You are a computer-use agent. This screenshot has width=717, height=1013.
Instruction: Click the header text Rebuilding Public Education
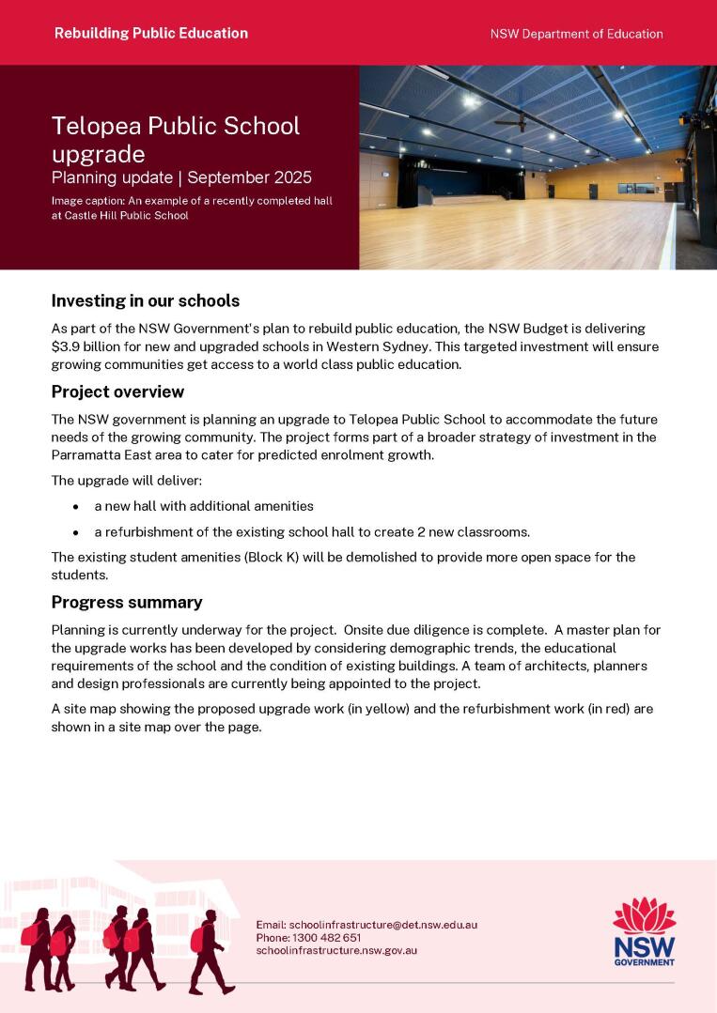(151, 33)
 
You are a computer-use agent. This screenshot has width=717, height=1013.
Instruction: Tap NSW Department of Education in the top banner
(576, 34)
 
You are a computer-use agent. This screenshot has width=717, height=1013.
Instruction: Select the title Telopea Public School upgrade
(176, 139)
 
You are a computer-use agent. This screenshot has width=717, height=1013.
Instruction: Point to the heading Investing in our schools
(146, 301)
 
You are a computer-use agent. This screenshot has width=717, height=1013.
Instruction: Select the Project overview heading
(117, 391)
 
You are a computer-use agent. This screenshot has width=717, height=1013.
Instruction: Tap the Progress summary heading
(127, 603)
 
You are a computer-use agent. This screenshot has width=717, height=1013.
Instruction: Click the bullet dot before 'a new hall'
(76, 506)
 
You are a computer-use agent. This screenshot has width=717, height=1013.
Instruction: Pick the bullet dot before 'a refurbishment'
(76, 532)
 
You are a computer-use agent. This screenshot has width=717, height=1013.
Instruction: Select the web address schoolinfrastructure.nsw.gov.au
(336, 950)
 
